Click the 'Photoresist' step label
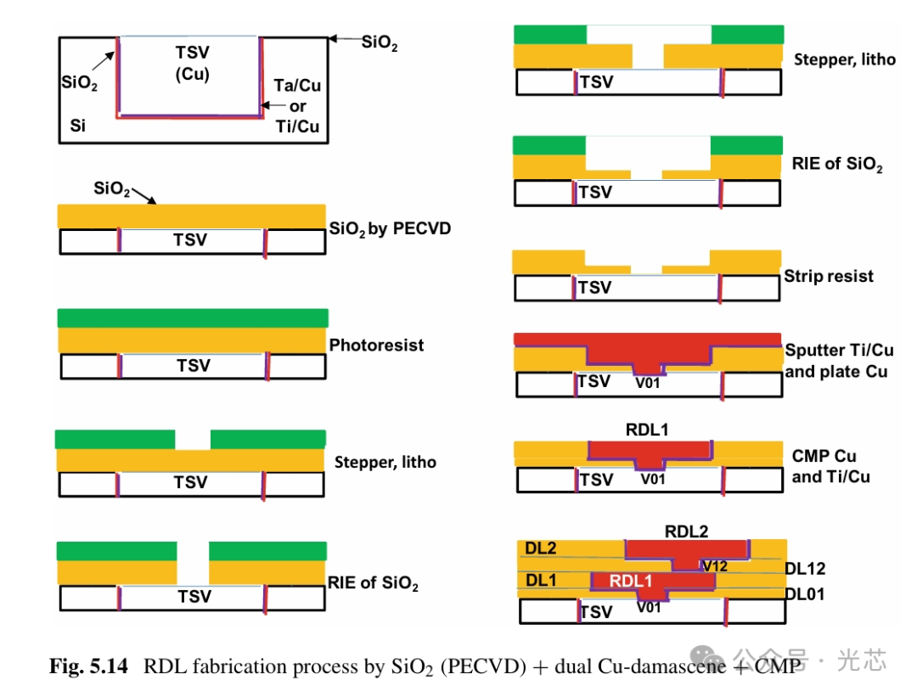tap(376, 346)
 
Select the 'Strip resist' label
tap(828, 276)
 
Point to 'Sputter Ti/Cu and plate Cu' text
tap(838, 361)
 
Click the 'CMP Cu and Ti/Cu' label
tap(830, 466)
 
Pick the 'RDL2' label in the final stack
tap(686, 532)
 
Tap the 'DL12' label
tap(805, 568)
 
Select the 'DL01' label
tap(804, 593)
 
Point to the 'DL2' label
tap(540, 548)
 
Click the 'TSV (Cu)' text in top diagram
tap(192, 62)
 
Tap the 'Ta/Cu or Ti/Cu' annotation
tap(297, 107)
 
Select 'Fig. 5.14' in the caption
tap(88, 667)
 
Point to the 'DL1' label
tap(540, 580)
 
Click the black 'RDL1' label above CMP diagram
tap(646, 430)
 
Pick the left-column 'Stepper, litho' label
tap(385, 462)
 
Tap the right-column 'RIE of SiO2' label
tap(837, 164)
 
